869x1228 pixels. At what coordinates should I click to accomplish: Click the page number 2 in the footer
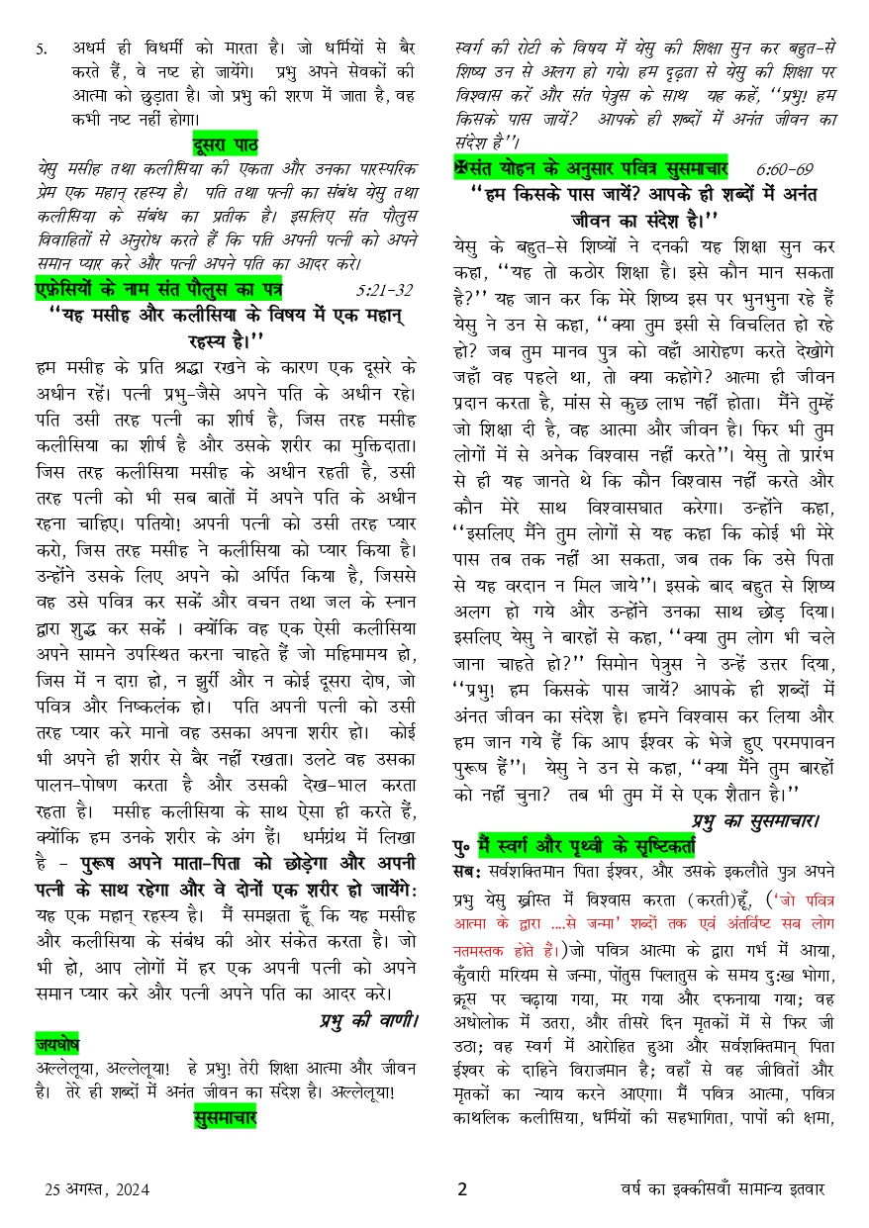tap(462, 1189)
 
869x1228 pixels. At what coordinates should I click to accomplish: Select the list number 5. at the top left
tap(42, 47)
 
